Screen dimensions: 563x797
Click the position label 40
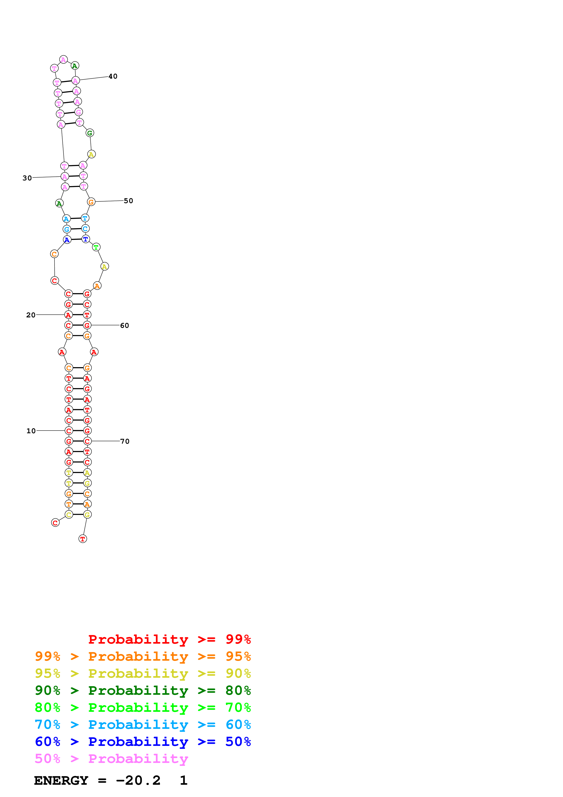[113, 76]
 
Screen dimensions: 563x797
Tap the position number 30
[27, 178]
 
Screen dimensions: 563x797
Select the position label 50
[128, 201]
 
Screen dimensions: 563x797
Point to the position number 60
[124, 326]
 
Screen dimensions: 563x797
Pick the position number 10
[31, 431]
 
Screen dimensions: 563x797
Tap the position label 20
[31, 315]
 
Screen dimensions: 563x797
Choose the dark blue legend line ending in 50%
[143, 742]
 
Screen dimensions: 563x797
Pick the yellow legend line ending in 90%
[143, 673]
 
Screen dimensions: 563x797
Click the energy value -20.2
[138, 780]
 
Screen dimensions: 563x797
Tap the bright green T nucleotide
[96, 247]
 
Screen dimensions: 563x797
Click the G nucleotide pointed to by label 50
[91, 202]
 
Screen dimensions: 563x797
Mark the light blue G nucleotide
[67, 229]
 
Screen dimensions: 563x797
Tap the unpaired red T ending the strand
[83, 539]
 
